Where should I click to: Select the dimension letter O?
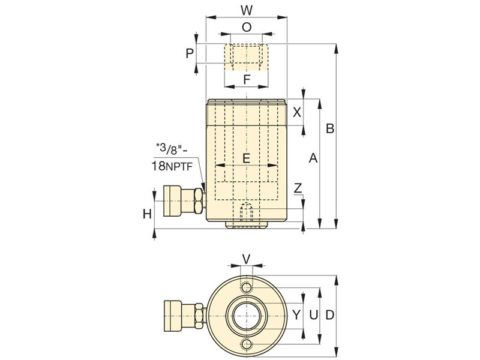coord(246,27)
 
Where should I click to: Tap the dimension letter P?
coord(190,53)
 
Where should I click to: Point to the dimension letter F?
coord(246,79)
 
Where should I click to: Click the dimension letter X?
coord(296,112)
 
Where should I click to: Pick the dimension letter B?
coord(329,128)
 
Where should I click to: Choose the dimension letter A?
coord(312,158)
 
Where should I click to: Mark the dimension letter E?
coord(246,158)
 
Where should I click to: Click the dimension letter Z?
coord(298,189)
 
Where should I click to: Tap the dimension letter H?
coord(146,213)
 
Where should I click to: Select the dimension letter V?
coord(246,259)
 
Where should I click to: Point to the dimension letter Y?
coord(295,314)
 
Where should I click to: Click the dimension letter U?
coord(312,314)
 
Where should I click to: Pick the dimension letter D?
coord(329,314)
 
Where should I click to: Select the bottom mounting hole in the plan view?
coord(246,343)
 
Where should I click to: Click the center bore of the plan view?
coord(246,314)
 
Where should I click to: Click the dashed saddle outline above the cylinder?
coord(246,58)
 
